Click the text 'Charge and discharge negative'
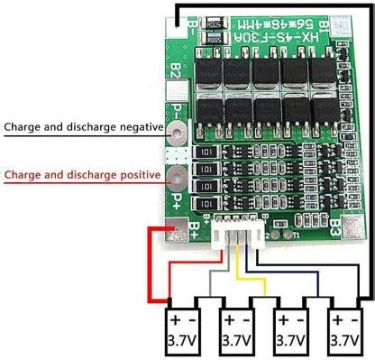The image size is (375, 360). [x=82, y=127]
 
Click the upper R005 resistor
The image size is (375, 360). [x=214, y=24]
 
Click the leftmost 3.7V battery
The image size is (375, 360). [x=186, y=333]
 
